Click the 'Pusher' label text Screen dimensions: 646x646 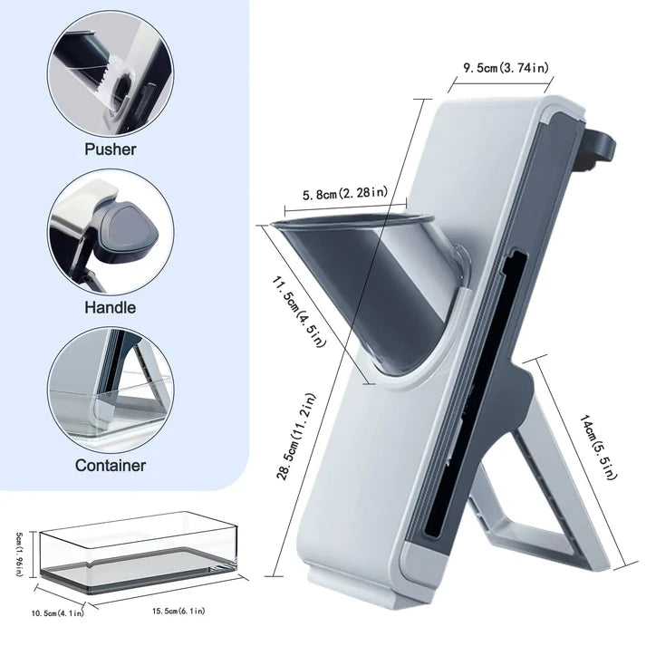(110, 149)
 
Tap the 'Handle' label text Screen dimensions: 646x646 (110, 307)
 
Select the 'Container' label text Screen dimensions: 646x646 (111, 466)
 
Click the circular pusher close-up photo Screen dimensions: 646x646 (110, 74)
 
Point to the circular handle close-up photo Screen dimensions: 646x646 (111, 233)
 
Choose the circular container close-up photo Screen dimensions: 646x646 (111, 391)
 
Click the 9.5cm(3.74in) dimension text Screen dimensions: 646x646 (506, 68)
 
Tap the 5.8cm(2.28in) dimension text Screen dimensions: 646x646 (345, 193)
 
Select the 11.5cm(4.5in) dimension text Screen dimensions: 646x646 (298, 312)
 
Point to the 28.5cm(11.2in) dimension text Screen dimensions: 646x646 (296, 437)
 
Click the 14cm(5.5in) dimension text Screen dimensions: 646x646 (599, 447)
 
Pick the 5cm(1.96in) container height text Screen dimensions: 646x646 (19, 554)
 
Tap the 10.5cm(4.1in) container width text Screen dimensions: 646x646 (58, 613)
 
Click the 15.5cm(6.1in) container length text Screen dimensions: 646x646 (178, 611)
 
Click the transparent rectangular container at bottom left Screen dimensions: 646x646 (139, 547)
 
